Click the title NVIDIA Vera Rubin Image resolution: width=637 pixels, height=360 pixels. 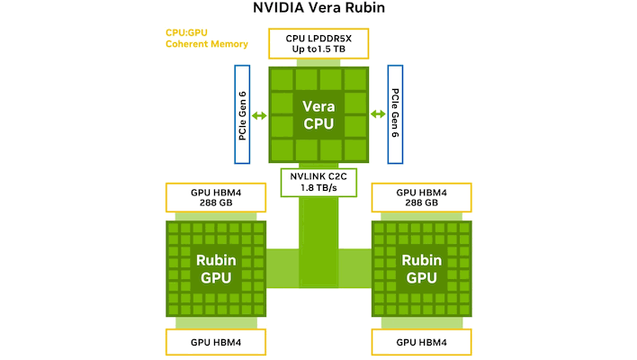click(318, 13)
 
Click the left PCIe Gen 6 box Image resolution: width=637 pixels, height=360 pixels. click(241, 114)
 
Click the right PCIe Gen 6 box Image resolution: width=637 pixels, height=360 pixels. click(396, 114)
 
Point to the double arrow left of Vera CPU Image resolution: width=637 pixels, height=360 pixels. click(259, 115)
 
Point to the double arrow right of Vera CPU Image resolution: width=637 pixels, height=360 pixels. click(379, 115)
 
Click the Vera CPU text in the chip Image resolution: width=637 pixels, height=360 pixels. click(318, 114)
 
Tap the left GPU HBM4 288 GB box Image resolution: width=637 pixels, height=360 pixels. click(216, 196)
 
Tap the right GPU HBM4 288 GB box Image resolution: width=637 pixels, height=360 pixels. click(421, 196)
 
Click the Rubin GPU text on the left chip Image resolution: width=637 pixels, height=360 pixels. click(216, 268)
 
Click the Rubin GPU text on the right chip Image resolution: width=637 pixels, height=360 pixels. click(421, 268)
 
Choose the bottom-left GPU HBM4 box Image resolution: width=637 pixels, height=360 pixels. click(216, 342)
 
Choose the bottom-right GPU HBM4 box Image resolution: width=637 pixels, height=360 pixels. click(421, 342)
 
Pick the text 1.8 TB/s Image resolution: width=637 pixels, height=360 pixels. click(318, 189)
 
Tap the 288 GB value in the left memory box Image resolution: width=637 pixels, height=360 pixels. click(216, 202)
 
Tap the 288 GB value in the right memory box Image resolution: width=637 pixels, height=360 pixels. click(421, 202)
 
